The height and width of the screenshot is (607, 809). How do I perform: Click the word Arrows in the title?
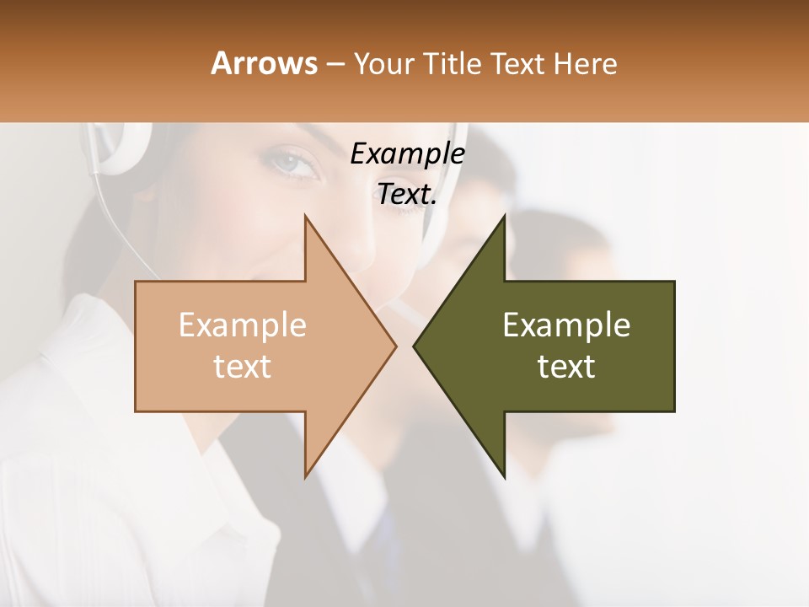tap(264, 63)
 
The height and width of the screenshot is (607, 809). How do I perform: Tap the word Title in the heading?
tap(451, 63)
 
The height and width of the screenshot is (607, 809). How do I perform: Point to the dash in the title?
tap(335, 64)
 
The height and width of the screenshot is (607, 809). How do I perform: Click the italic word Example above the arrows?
tap(407, 154)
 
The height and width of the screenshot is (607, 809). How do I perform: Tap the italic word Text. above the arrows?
tap(407, 195)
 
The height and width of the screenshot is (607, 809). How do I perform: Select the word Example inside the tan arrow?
tap(243, 325)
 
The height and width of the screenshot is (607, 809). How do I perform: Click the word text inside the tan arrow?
tap(243, 367)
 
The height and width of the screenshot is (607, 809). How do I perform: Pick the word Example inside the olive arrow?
tap(566, 325)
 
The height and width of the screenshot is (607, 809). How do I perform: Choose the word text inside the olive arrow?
tap(566, 367)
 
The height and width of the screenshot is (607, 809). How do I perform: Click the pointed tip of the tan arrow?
tap(394, 346)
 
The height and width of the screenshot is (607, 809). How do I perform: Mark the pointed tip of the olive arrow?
tap(415, 346)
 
